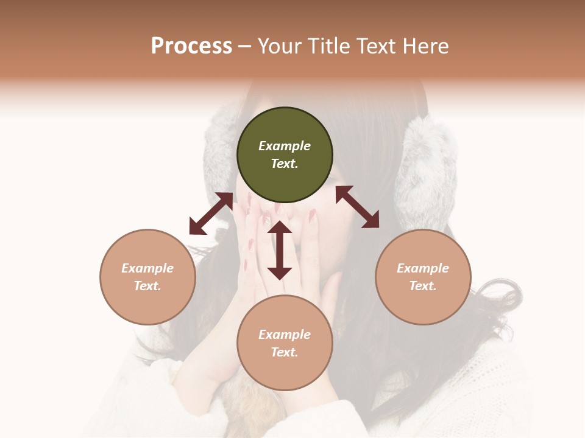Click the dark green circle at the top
click(285, 155)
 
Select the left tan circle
click(147, 277)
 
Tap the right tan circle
click(423, 277)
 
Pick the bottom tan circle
click(285, 343)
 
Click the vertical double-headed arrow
click(280, 250)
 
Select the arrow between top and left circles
click(211, 214)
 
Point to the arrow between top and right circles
click(357, 207)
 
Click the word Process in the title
click(191, 46)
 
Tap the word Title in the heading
click(328, 46)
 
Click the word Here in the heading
click(427, 46)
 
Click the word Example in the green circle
click(285, 146)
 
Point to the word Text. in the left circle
click(147, 286)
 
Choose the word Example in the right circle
click(423, 268)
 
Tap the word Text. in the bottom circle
click(285, 352)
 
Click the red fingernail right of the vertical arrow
click(312, 215)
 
